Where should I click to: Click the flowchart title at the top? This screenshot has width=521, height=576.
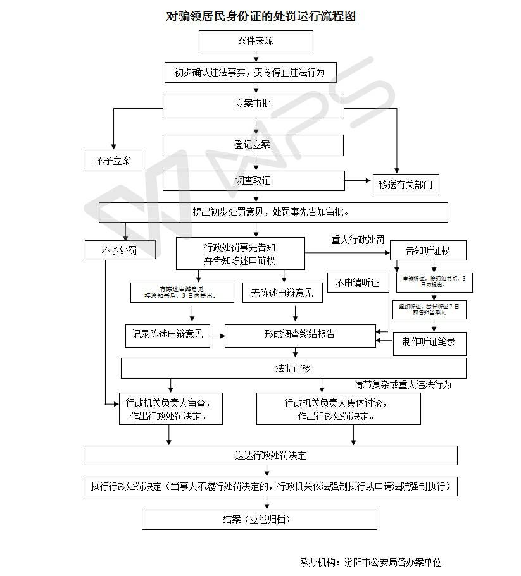pos(260,16)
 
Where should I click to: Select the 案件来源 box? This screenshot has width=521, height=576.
pos(256,41)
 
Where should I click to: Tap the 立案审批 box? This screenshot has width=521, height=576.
pos(253,104)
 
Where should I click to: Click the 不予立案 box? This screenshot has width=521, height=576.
pos(113,161)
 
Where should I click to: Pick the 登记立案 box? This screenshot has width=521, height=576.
pos(253,145)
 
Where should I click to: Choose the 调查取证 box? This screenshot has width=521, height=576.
pos(253,181)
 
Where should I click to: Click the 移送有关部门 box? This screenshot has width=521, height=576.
pos(405,185)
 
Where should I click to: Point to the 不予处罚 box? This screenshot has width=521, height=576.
pos(120,250)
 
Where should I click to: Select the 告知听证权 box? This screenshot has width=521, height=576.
pos(428,250)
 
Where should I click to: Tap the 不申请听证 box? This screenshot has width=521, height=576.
pos(358,283)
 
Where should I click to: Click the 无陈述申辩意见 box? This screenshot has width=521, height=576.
pos(282,293)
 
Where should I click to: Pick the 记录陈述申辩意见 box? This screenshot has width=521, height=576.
pos(167,334)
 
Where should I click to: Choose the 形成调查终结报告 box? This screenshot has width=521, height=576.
pos(299,334)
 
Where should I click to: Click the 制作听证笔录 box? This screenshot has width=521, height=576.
pos(429,342)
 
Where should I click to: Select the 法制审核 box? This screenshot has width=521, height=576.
pos(293,368)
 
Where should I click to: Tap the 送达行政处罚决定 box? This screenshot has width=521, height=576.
pos(271,455)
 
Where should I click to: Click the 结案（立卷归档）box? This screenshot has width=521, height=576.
pos(259,519)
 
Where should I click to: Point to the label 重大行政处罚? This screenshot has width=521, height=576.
pos(358,240)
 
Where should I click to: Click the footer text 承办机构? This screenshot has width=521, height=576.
pos(370,561)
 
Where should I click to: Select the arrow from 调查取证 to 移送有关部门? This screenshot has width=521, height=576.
pos(358,181)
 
